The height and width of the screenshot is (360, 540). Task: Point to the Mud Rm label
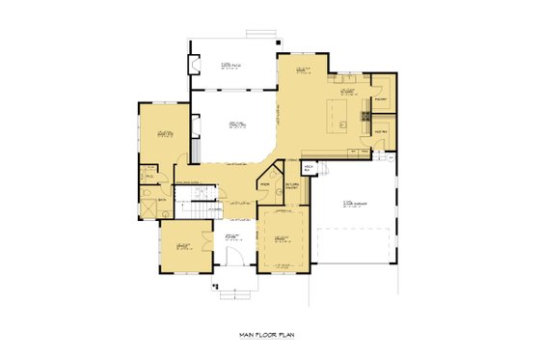click(380, 130)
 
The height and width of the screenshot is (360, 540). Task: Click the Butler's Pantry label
click(292, 187)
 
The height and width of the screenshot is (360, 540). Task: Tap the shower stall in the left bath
click(148, 205)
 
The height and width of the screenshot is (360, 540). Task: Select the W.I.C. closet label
click(148, 176)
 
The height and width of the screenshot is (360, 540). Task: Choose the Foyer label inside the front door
click(232, 236)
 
